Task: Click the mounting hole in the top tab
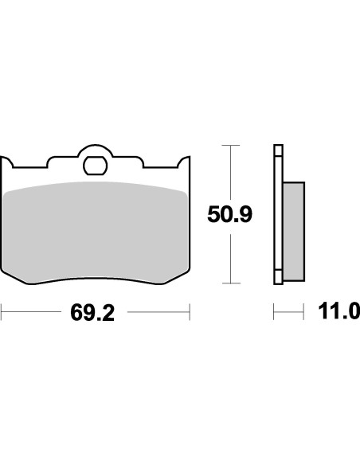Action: pos(96,167)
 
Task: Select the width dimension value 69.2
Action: pos(92,312)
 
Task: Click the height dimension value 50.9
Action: pos(230,215)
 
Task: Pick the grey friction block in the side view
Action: pos(293,231)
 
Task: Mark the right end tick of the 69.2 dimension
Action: pos(190,312)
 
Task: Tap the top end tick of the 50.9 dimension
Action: pos(230,146)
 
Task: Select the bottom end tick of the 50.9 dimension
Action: pos(230,283)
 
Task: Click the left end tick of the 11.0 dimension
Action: pos(274,312)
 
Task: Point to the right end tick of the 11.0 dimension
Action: pos(305,312)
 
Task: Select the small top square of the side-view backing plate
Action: pos(278,150)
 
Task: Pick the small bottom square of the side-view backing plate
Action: pos(278,279)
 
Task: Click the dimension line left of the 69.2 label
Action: pos(32,312)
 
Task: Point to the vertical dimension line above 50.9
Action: pos(230,171)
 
